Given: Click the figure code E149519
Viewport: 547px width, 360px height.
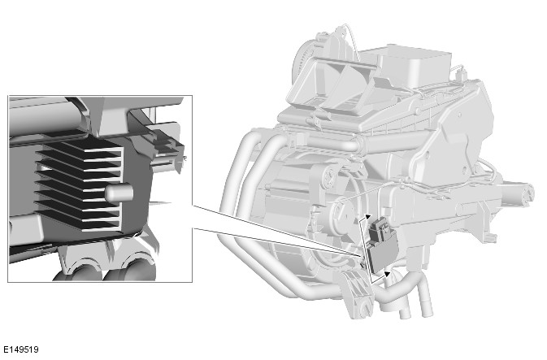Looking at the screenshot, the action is point(21,349).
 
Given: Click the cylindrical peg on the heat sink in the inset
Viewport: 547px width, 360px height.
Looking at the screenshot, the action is point(119,193).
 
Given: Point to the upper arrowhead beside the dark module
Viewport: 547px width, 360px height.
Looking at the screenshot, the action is point(367,217).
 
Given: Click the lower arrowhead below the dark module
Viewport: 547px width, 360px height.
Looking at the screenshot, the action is point(387,274).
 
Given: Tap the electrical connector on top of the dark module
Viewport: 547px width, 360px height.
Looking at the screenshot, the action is point(381,229).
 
